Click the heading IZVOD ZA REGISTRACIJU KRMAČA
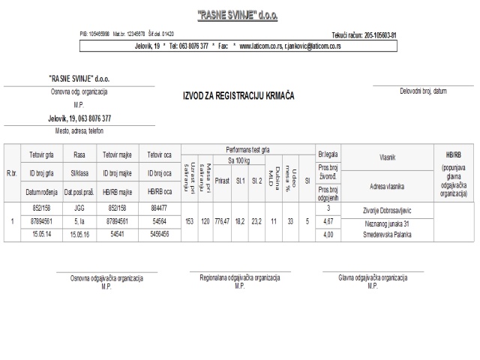click(238, 96)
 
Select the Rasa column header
click(79, 155)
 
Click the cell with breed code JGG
click(79, 209)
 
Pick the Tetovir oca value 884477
click(158, 209)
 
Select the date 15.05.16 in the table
click(79, 235)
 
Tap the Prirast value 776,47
click(221, 222)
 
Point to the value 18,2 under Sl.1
click(239, 222)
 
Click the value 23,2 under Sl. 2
click(256, 222)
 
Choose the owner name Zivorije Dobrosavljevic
click(386, 211)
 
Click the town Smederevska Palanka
click(386, 235)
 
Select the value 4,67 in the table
click(328, 222)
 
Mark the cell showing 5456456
click(158, 235)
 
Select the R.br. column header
click(11, 173)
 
